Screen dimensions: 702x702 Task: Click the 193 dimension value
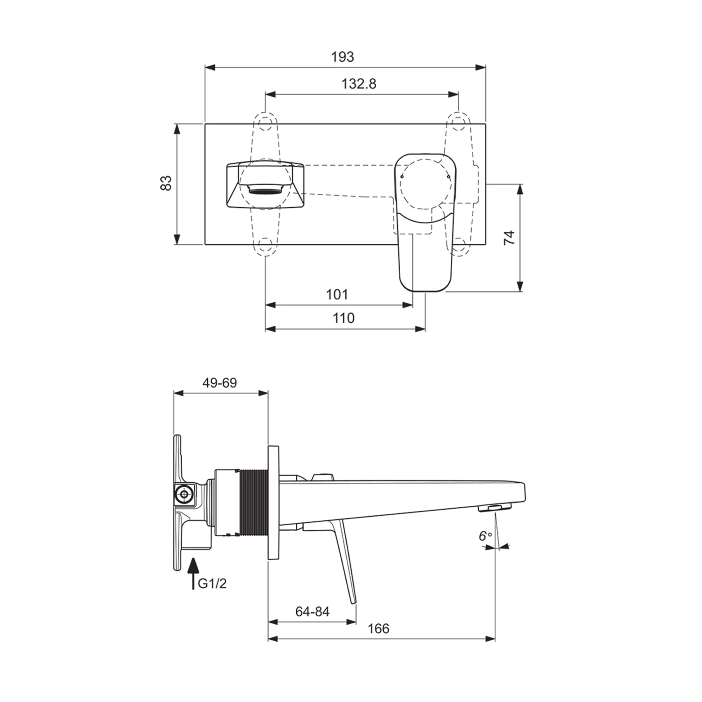click(343, 57)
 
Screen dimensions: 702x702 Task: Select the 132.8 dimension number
click(359, 84)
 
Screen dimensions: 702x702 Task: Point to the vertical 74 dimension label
click(509, 238)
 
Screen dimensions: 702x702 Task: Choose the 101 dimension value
click(337, 294)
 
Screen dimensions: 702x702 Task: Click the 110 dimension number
click(344, 318)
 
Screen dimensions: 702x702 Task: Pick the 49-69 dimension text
click(219, 383)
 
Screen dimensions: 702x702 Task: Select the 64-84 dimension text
click(312, 612)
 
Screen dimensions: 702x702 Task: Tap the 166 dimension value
click(378, 629)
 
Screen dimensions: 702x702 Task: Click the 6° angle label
click(485, 536)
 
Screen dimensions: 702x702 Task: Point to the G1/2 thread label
click(212, 583)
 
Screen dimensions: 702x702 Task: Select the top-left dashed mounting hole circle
click(265, 123)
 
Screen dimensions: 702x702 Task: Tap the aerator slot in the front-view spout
click(264, 189)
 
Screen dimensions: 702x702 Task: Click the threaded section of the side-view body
click(253, 502)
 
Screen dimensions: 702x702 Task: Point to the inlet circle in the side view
click(183, 494)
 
